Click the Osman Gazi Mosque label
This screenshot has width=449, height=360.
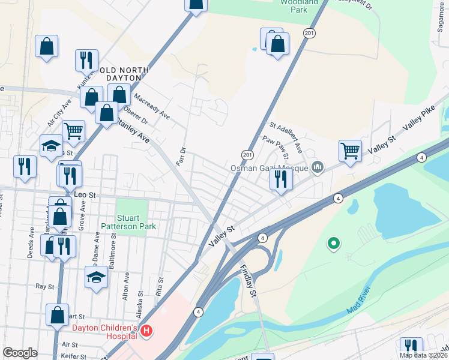click(x=270, y=168)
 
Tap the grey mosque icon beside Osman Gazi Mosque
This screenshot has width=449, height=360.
click(x=318, y=167)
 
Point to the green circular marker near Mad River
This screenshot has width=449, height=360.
click(x=333, y=244)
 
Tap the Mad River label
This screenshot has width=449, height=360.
click(x=358, y=302)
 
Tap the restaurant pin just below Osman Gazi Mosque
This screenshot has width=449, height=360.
click(x=280, y=179)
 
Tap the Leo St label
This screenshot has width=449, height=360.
click(x=84, y=195)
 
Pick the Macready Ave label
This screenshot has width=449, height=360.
click(x=151, y=106)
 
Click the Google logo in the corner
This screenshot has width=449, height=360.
click(x=20, y=353)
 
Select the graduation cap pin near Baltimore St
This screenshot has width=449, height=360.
click(x=95, y=277)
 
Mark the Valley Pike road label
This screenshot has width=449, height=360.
click(x=419, y=126)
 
